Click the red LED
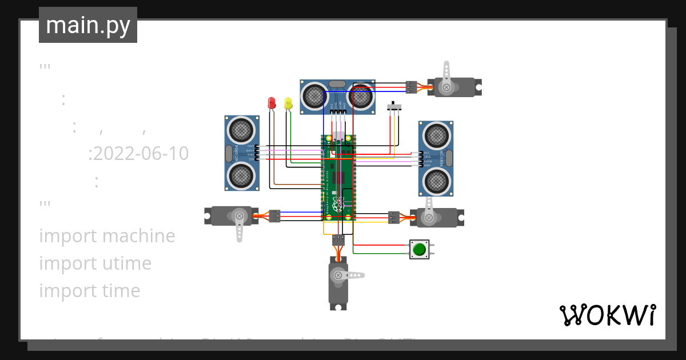click(272, 103)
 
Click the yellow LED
click(288, 103)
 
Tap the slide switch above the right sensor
click(394, 107)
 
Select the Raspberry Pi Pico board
click(338, 177)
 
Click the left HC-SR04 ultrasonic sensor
click(242, 153)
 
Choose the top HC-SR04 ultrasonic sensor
click(337, 96)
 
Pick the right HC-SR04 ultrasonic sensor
click(436, 159)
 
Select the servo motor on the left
click(229, 215)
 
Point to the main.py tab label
click(88, 25)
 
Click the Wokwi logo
click(607, 315)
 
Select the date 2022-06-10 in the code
click(138, 154)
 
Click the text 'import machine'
click(107, 235)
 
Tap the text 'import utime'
click(95, 263)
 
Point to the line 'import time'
click(89, 290)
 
